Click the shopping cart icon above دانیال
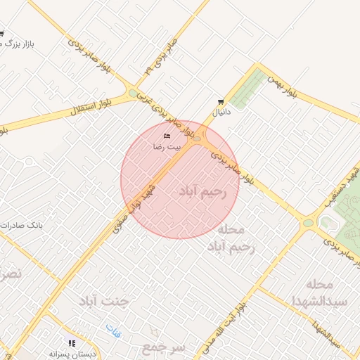[x=221, y=101]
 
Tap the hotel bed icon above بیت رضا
[x=167, y=136]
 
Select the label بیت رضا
[x=167, y=147]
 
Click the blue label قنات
[x=113, y=328]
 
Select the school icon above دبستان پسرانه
[x=72, y=343]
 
